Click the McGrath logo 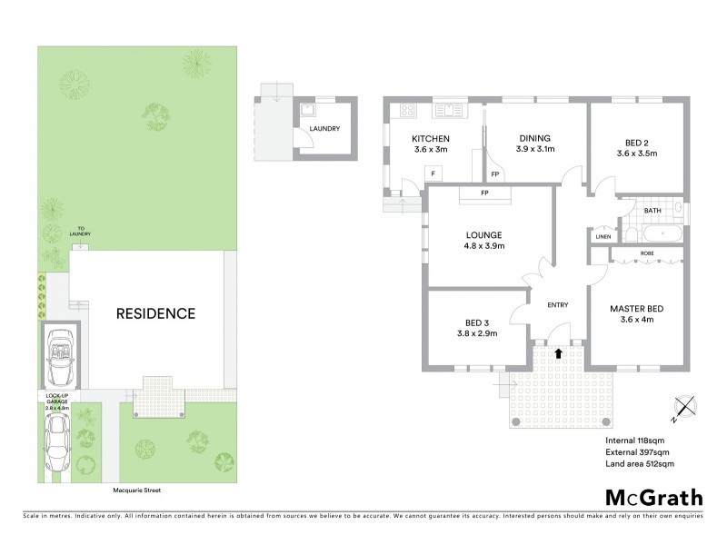[x=653, y=497]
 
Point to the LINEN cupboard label [x=603, y=237]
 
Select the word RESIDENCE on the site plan [x=155, y=314]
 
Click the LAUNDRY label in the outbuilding [x=324, y=129]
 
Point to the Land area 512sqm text [x=639, y=464]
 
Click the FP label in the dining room [x=495, y=173]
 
